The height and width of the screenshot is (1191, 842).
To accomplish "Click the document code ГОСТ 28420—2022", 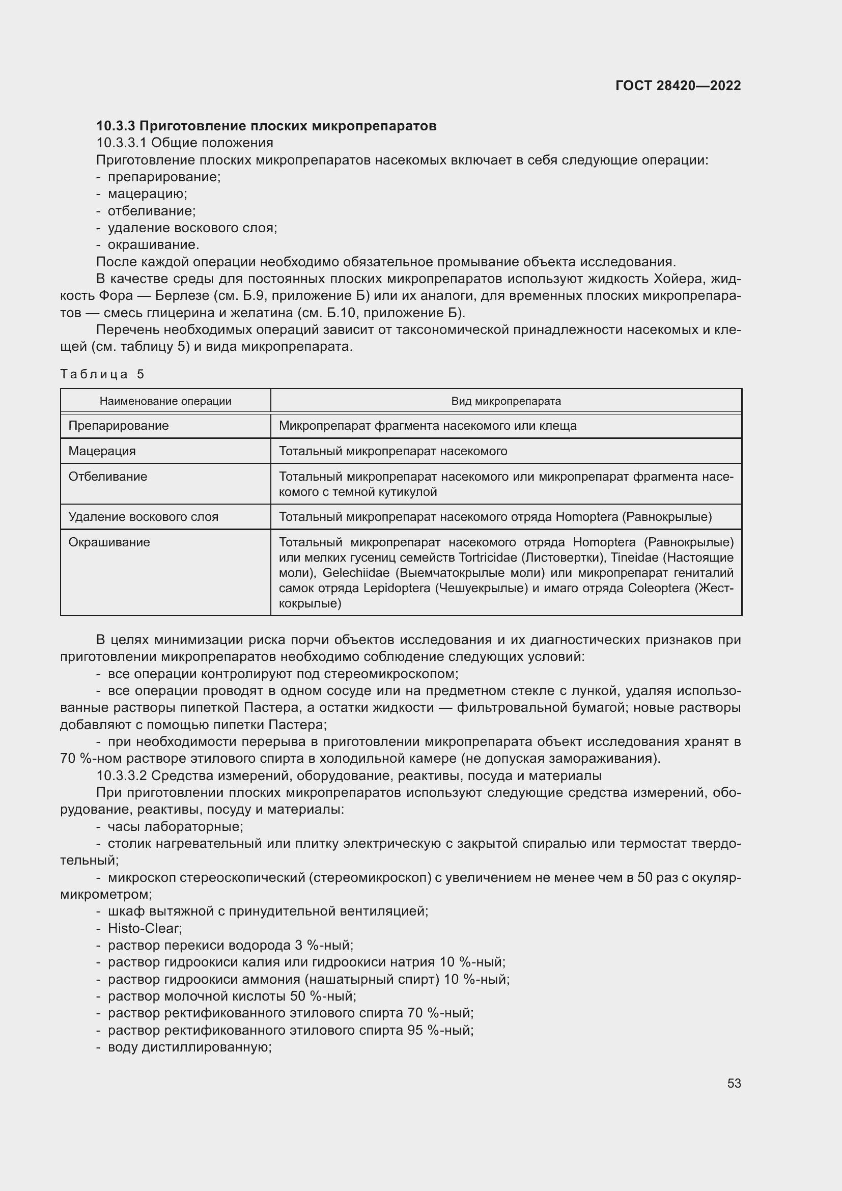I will click(678, 86).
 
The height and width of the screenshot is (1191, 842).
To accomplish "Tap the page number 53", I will click(734, 1083).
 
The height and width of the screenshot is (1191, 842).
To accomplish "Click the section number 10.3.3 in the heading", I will click(116, 126).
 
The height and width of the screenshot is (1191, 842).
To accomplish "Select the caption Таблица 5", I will click(102, 374).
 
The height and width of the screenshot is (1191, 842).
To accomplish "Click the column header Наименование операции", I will click(165, 401).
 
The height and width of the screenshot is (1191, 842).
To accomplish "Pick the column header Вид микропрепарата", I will click(506, 401).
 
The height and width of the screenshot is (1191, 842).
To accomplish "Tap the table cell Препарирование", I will click(119, 426).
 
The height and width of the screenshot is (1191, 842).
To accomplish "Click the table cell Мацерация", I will click(102, 451).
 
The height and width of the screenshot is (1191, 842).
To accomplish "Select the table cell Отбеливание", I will click(108, 477).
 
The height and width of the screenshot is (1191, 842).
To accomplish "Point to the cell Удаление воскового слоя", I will click(144, 517).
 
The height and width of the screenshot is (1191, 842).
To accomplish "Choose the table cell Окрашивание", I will click(109, 542).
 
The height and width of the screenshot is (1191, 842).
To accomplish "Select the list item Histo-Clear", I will click(145, 928).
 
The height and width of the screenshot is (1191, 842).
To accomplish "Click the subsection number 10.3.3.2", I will click(122, 776).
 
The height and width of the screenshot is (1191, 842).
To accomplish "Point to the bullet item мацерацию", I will click(147, 194).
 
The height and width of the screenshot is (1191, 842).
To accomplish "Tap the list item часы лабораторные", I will click(175, 826).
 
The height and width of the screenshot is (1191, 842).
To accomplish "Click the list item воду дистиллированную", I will click(190, 1047).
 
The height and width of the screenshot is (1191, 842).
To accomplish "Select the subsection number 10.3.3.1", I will click(122, 143).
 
